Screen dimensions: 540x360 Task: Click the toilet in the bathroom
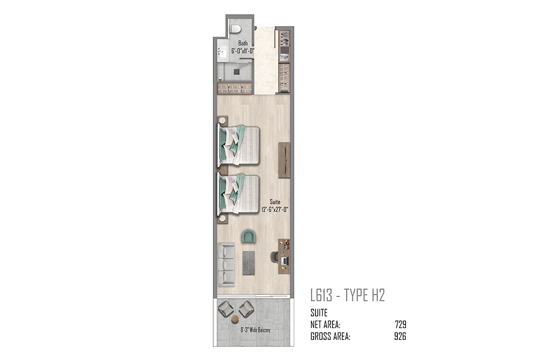(235, 29)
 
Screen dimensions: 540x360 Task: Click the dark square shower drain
(237, 72)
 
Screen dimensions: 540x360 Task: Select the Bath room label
(243, 43)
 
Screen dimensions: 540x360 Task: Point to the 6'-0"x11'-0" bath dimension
(243, 51)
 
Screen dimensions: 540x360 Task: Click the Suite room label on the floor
(275, 202)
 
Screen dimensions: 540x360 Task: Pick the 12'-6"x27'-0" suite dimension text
(275, 209)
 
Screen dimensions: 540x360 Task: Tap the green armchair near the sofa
(248, 236)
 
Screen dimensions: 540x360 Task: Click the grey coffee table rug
(248, 263)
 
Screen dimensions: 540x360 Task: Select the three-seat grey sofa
(226, 265)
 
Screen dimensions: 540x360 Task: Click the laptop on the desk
(285, 261)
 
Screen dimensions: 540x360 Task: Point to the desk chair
(274, 257)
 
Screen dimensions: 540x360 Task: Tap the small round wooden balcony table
(235, 319)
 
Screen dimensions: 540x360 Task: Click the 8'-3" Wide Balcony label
(255, 329)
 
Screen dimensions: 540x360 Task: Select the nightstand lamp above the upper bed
(222, 120)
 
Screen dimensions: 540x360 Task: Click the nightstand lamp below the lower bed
(222, 218)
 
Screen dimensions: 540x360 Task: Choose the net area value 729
(400, 324)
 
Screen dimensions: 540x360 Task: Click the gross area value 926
(400, 336)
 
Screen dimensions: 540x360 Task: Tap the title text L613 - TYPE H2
(347, 295)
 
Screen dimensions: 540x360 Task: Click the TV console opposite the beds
(284, 160)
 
